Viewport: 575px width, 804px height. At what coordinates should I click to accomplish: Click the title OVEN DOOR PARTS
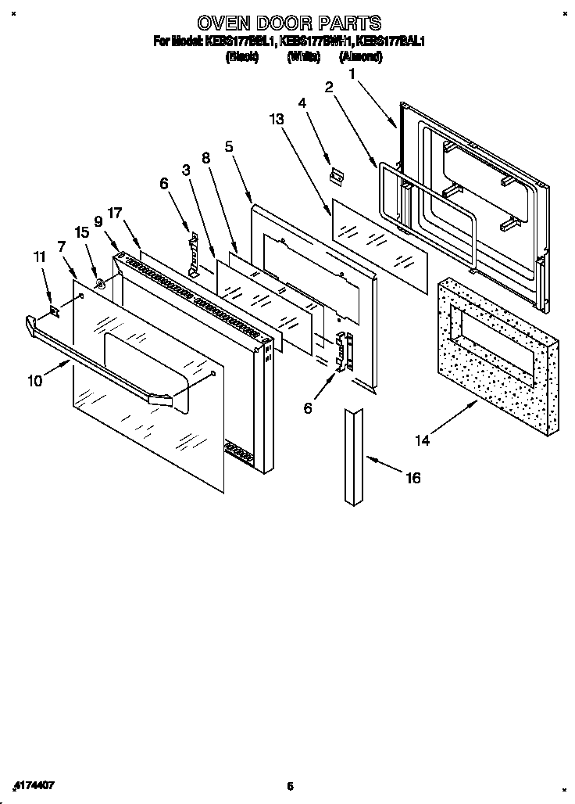point(289,23)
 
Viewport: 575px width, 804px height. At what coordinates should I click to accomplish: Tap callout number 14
point(422,440)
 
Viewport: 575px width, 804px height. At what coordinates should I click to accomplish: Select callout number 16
point(413,478)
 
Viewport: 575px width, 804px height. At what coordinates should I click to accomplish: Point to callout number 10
point(34,381)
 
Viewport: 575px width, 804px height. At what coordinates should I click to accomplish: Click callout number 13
point(275,119)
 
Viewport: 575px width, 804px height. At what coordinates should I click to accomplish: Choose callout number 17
point(116,213)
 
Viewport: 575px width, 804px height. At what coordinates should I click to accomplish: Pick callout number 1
point(352,74)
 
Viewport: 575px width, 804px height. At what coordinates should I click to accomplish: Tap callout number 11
point(39,256)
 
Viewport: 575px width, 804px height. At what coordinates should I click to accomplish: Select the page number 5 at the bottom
point(289,786)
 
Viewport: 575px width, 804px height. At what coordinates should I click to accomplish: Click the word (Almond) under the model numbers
point(360,57)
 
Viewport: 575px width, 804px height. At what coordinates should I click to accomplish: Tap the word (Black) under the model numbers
point(241,57)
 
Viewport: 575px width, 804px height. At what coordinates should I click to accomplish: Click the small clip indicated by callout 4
point(337,177)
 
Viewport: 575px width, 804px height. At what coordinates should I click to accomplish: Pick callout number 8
point(206,158)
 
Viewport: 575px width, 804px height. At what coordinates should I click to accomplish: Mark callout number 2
point(329,88)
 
